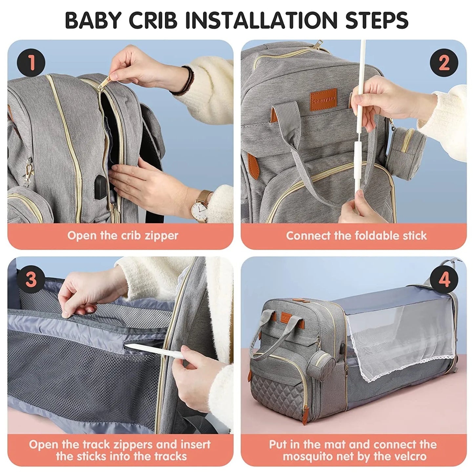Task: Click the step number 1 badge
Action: (31, 62)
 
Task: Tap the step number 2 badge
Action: (444, 62)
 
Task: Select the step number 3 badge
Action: (31, 279)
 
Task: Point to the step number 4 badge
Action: (444, 279)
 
